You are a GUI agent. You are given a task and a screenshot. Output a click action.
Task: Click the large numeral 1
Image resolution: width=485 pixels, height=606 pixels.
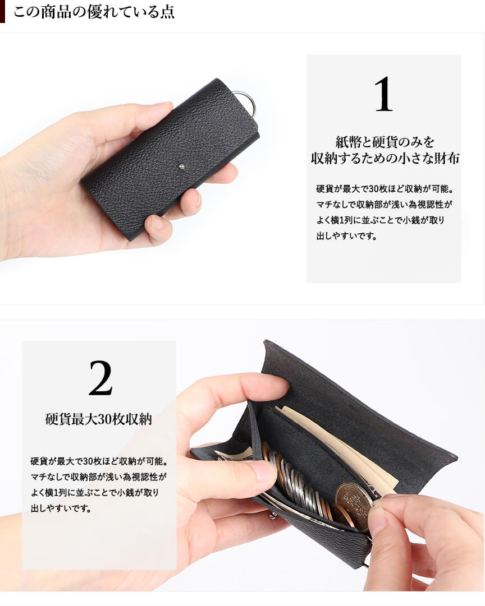(x=383, y=94)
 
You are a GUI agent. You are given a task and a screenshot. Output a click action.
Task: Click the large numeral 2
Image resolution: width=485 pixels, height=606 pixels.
(x=100, y=378)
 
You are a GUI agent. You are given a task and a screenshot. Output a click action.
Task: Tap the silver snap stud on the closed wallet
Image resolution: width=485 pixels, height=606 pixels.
(x=181, y=167)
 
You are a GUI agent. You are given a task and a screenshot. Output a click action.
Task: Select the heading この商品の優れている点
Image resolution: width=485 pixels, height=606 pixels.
(x=94, y=12)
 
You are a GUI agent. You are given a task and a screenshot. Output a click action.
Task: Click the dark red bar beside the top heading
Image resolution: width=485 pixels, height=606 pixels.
(x=2, y=11)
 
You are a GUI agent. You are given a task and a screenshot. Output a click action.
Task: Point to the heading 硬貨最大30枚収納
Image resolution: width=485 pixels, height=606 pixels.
(x=98, y=419)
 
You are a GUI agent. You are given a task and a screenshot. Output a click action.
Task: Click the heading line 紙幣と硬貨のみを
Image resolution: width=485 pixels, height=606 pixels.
(x=385, y=142)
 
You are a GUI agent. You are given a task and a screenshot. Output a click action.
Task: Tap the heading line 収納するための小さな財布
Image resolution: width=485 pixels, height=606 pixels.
(x=385, y=158)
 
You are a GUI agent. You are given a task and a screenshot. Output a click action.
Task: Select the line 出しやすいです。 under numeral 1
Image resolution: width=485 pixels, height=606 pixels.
(x=347, y=236)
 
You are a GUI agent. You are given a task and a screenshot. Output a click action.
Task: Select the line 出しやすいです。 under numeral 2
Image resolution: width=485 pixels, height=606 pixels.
(x=61, y=508)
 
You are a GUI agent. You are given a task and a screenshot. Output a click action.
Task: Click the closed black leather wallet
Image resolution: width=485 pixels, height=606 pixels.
(x=170, y=159)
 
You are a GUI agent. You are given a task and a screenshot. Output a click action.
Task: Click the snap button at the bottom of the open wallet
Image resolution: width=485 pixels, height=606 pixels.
(x=274, y=516)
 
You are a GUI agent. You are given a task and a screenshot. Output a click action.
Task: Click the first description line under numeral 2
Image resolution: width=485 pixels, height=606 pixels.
(x=99, y=461)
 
